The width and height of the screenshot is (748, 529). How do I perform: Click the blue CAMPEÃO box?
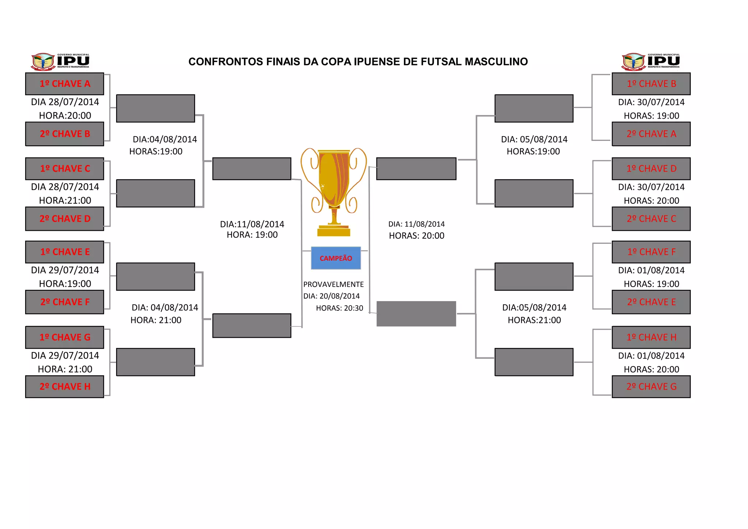(336, 258)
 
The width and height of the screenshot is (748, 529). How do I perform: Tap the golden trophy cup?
(333, 190)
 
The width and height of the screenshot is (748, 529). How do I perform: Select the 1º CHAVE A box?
(65, 84)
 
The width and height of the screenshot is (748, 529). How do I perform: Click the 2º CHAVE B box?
(65, 134)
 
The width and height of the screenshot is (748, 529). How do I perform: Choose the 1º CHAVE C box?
(65, 168)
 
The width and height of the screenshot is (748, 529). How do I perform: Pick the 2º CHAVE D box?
(65, 218)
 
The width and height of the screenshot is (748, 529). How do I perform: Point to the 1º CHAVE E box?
(65, 252)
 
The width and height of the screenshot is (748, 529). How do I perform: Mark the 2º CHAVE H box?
(65, 386)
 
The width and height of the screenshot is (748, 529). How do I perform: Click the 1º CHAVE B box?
(651, 84)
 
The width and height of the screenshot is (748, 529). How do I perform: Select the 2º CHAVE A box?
(651, 134)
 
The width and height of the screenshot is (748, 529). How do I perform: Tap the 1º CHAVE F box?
(651, 252)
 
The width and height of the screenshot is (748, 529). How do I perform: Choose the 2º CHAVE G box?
(651, 386)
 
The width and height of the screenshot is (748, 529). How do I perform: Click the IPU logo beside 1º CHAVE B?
(650, 61)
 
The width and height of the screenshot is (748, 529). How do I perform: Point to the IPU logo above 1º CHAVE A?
(60, 61)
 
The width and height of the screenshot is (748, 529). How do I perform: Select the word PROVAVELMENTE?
(333, 284)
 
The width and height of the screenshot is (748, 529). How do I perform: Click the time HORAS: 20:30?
(339, 308)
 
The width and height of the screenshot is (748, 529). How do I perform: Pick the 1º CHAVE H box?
(651, 337)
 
